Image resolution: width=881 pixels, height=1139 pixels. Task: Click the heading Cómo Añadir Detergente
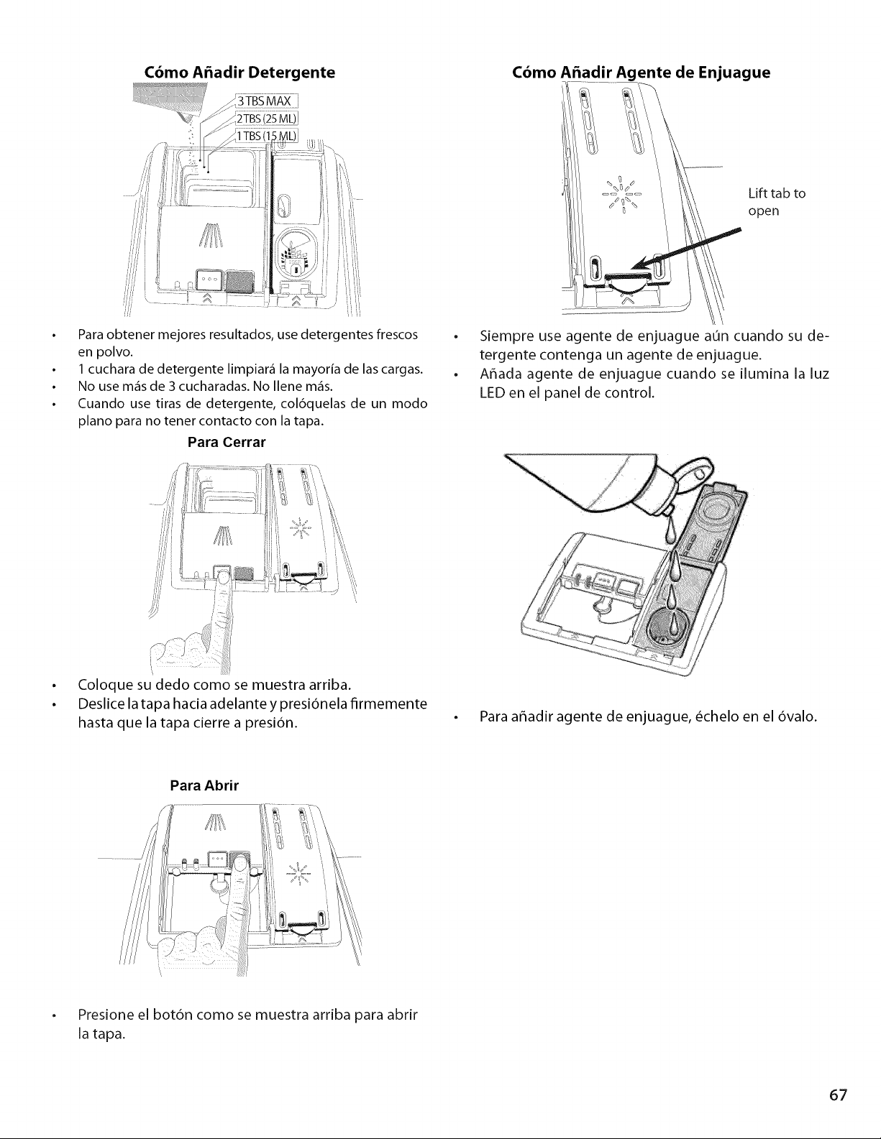[x=239, y=72]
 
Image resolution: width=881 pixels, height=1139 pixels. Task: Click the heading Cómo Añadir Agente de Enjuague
[x=641, y=73]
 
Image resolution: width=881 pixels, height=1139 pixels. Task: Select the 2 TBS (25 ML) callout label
[x=266, y=119]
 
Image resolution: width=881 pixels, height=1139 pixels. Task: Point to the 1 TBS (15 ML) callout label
[x=266, y=136]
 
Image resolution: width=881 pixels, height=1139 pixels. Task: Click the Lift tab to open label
[x=777, y=202]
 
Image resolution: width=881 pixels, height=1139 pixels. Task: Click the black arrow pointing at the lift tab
[x=686, y=249]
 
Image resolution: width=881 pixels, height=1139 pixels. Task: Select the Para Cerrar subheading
[x=227, y=443]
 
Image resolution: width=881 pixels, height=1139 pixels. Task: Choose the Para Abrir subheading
[x=204, y=785]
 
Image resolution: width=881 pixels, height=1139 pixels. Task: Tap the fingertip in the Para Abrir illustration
[x=242, y=865]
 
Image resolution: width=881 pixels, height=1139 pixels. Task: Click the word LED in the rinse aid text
[x=492, y=393]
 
